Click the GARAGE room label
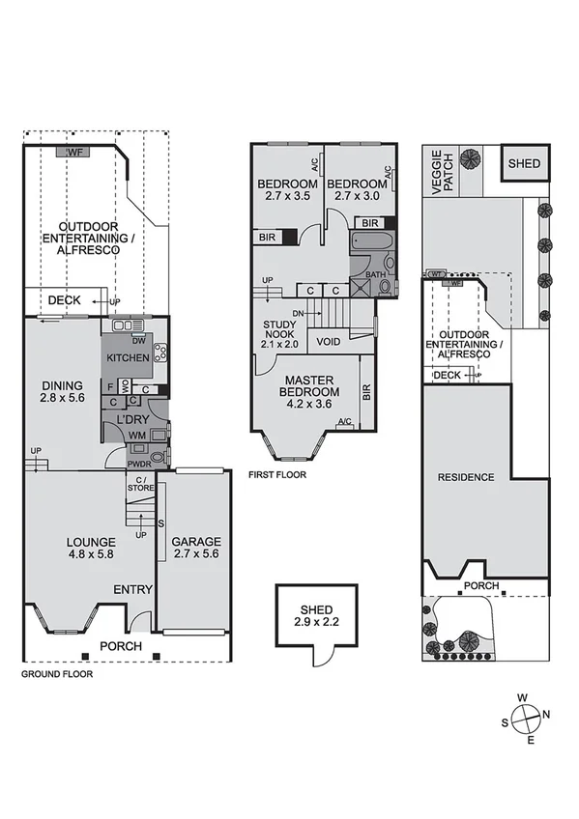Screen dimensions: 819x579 [x=196, y=548]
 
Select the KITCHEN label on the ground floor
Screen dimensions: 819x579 [x=128, y=358]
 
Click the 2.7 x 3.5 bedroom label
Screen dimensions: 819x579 [x=287, y=190]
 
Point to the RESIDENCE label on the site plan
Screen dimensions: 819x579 [x=466, y=477]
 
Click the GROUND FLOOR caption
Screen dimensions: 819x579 [x=57, y=675]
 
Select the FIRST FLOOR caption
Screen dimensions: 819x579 [x=276, y=475]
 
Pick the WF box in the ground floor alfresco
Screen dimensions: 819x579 [x=74, y=153]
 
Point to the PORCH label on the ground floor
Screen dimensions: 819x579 [x=123, y=646]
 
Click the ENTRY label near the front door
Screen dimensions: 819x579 [x=132, y=589]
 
